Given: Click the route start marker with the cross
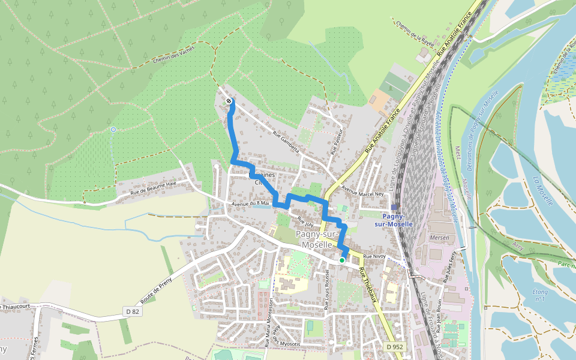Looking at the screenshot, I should coord(229,101).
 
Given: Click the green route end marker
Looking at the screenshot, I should coord(342,260).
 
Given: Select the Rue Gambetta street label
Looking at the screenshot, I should coord(286,142).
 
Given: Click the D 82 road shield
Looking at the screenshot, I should coord(133,311).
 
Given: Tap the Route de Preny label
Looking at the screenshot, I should coord(158,285).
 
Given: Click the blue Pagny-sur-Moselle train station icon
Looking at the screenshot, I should coord(394,206).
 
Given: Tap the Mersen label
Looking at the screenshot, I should coord(440,238).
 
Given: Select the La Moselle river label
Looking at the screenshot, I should coord(542,191).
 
